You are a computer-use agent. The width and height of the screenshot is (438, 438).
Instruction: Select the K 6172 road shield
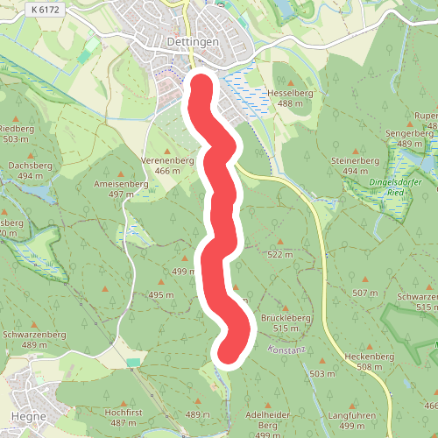point(45,9)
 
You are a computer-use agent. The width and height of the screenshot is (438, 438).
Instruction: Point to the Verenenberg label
point(167,160)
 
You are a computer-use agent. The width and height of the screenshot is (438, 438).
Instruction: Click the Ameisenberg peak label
point(121,185)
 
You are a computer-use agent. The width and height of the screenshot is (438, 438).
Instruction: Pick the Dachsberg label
point(25,165)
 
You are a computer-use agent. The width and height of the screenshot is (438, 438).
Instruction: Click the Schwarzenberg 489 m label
point(35,335)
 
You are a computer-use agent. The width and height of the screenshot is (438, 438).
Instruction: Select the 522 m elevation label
point(279,255)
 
